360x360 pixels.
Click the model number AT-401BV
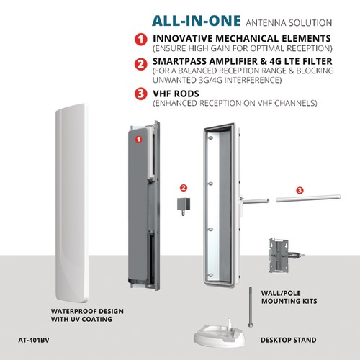(34, 340)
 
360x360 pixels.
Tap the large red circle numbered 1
(141, 40)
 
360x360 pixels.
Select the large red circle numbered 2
(141, 64)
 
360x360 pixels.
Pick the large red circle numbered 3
(141, 94)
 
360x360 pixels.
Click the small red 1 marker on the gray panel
(138, 139)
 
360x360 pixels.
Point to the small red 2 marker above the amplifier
(184, 188)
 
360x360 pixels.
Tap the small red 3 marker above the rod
(300, 190)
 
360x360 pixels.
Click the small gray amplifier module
(184, 206)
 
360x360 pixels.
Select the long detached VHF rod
(308, 199)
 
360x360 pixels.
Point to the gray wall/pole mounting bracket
(283, 256)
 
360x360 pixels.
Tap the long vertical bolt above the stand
(250, 307)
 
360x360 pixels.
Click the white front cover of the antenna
(71, 203)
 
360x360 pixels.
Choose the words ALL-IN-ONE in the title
(197, 21)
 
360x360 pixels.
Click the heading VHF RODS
(176, 94)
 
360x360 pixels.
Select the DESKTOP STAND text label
(289, 340)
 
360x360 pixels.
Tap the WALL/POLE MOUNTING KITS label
(289, 297)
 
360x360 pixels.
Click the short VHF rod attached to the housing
(255, 201)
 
